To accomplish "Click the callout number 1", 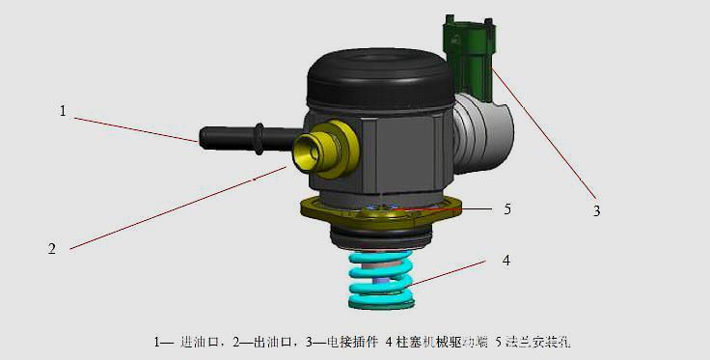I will (63, 111).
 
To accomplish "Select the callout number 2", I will (52, 248).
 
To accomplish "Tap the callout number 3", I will (596, 209).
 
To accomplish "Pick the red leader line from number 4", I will (453, 274).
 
